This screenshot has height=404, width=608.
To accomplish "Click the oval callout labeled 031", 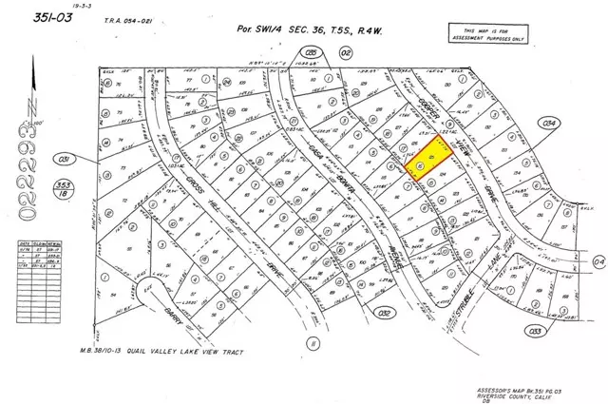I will pos(65,158).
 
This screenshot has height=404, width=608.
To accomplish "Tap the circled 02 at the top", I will pos(319,52).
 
